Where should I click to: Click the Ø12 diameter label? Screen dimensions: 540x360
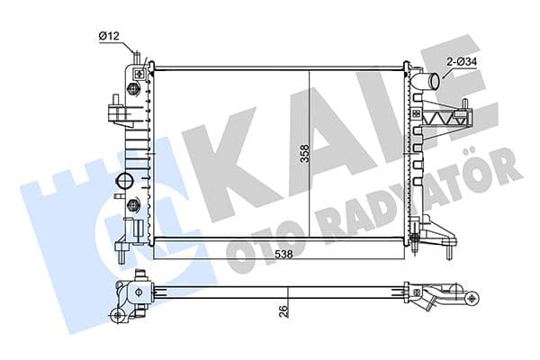[x=109, y=36]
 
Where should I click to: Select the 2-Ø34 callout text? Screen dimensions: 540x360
[x=462, y=62]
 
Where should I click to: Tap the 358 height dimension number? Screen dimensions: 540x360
[x=305, y=153]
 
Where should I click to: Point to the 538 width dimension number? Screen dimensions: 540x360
[x=283, y=254]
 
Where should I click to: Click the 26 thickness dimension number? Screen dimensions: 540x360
[x=283, y=311]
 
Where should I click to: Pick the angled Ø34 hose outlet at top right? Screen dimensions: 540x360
[x=427, y=82]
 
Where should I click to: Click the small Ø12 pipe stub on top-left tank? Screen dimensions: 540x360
[x=137, y=58]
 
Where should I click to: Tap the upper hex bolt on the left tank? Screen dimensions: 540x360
[x=132, y=89]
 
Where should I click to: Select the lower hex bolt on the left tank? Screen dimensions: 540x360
[x=132, y=205]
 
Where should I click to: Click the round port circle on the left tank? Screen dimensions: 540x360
[x=124, y=180]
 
